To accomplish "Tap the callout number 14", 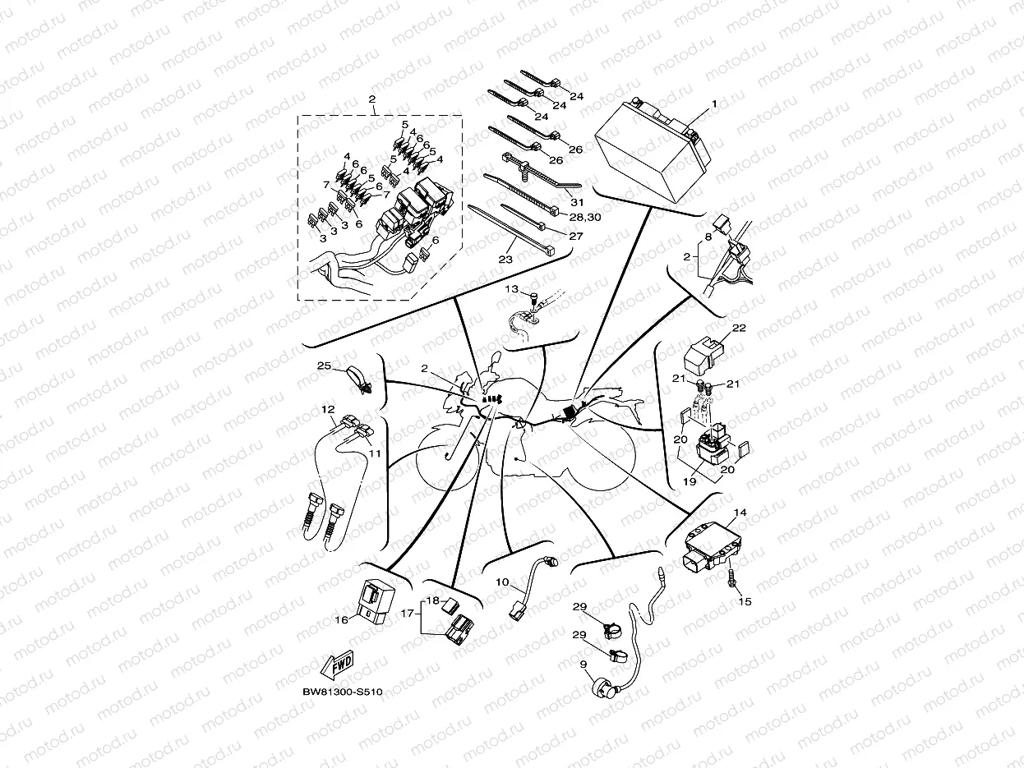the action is click(x=740, y=513).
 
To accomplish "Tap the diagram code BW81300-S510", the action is click(x=342, y=691).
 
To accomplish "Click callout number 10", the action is click(x=502, y=582).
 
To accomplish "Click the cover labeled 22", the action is click(x=703, y=352).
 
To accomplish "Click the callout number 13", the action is click(x=511, y=290).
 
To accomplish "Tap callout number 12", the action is click(x=328, y=408).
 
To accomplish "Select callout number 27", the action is click(x=574, y=236).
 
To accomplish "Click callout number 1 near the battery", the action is click(x=714, y=104).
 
